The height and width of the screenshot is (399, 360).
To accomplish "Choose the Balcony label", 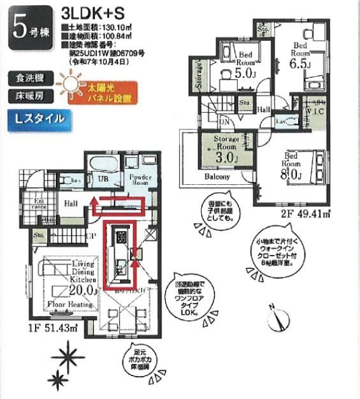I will coord(218,176).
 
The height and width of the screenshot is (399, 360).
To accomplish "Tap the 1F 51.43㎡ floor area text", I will coord(55,328).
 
